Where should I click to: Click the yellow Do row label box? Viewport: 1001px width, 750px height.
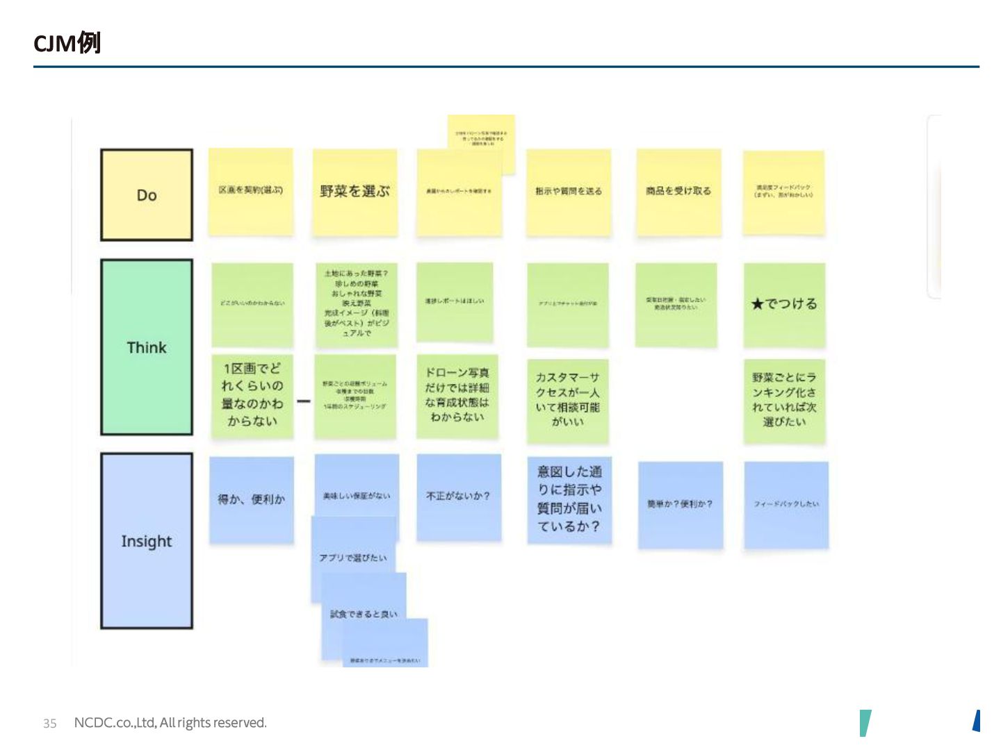pyautogui.click(x=147, y=195)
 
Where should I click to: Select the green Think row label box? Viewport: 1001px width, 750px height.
pyautogui.click(x=147, y=347)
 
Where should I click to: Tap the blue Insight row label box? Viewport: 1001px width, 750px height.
pyautogui.click(x=147, y=541)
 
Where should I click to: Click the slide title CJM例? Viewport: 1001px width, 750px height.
pyautogui.click(x=67, y=43)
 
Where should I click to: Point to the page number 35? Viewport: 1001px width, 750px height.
pyautogui.click(x=49, y=723)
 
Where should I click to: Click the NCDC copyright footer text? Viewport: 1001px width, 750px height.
pyautogui.click(x=170, y=723)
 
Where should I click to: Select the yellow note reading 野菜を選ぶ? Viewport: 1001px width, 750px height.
pyautogui.click(x=355, y=192)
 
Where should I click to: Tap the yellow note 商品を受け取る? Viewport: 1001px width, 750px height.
pyautogui.click(x=678, y=192)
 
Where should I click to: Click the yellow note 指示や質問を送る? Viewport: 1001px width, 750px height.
pyautogui.click(x=569, y=192)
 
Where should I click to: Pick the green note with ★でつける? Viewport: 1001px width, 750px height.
pyautogui.click(x=784, y=304)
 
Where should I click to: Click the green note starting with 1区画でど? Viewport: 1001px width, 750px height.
pyautogui.click(x=252, y=395)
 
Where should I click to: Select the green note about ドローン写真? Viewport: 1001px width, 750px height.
pyautogui.click(x=457, y=395)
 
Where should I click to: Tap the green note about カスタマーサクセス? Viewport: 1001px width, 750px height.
pyautogui.click(x=567, y=400)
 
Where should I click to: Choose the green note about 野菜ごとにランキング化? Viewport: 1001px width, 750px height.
pyautogui.click(x=784, y=400)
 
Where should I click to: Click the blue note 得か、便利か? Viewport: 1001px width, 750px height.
pyautogui.click(x=252, y=499)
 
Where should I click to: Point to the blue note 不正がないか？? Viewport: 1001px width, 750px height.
pyautogui.click(x=458, y=497)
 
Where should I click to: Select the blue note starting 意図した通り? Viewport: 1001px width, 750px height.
pyautogui.click(x=569, y=499)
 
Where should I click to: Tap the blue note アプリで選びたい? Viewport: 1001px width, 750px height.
pyautogui.click(x=353, y=558)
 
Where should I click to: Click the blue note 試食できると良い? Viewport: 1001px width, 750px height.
pyautogui.click(x=364, y=614)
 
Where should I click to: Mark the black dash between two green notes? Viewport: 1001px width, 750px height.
pyautogui.click(x=303, y=401)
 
